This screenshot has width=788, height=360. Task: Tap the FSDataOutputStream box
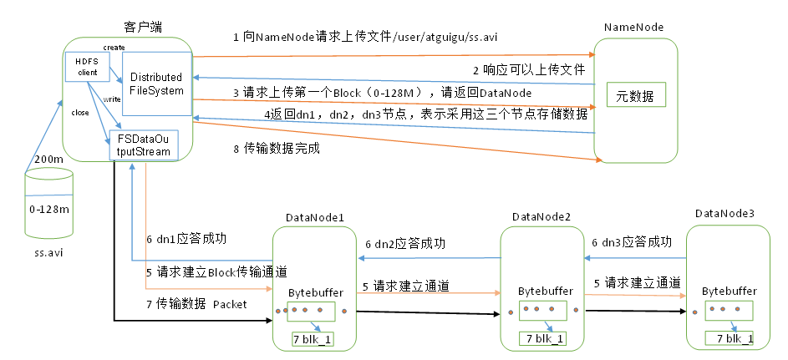144,145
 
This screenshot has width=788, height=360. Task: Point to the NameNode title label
633,28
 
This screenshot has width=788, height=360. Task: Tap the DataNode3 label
724,214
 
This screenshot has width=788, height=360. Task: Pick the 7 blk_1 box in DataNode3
729,338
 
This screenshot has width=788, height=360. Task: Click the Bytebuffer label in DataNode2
546,292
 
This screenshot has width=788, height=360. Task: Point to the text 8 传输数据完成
277,150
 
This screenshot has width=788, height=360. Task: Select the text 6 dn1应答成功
186,238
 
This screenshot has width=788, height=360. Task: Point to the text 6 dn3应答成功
632,241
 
